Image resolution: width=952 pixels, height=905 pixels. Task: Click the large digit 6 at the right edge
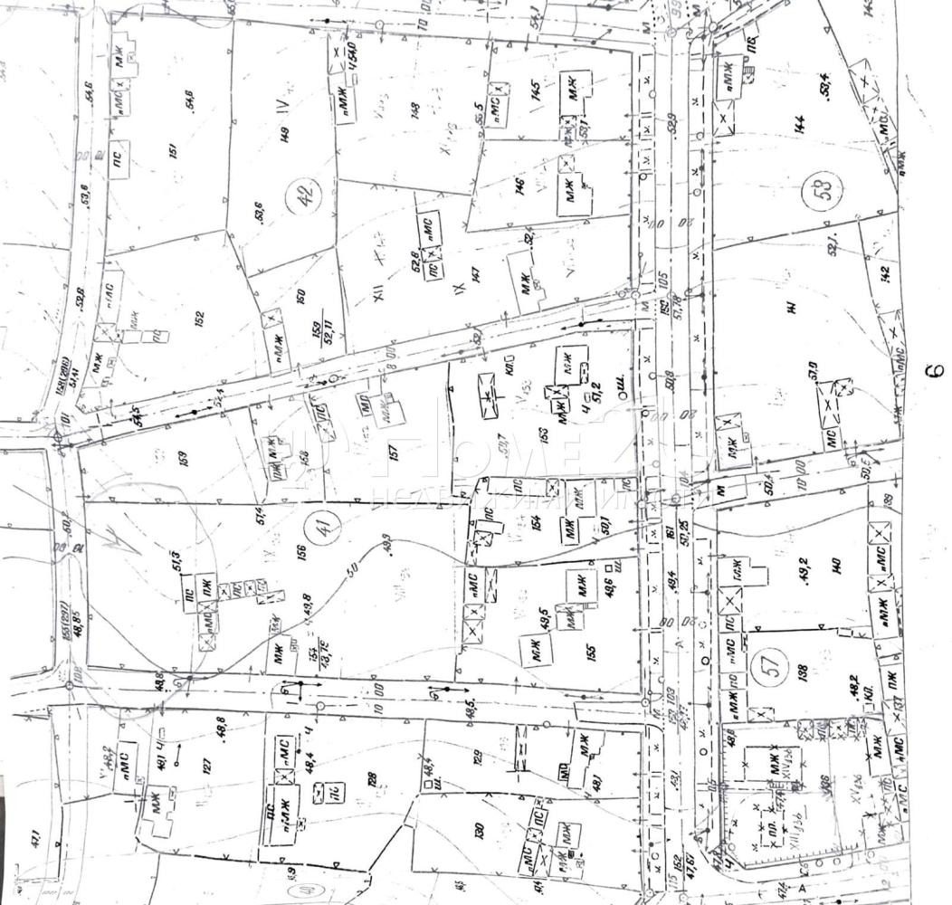pos(935,370)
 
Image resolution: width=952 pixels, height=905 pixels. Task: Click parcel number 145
pos(536,90)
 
